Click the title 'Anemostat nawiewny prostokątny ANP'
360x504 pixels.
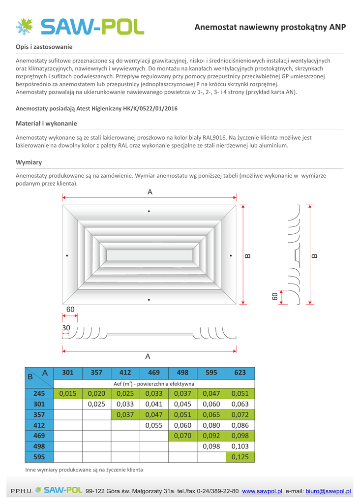(x=270, y=27)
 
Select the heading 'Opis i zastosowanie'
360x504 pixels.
(x=44, y=47)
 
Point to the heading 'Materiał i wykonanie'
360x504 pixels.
(x=46, y=123)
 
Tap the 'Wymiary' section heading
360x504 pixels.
(x=29, y=162)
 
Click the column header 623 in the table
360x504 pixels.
(x=240, y=373)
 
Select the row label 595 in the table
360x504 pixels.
(x=39, y=457)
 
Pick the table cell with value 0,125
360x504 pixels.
(x=240, y=457)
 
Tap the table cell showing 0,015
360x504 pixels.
(x=68, y=394)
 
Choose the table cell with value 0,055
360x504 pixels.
(x=154, y=425)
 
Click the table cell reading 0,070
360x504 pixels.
(x=182, y=436)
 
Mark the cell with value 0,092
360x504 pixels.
(x=211, y=436)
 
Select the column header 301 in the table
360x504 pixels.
(x=68, y=373)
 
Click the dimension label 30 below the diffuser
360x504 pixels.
(x=66, y=328)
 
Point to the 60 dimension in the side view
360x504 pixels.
(x=275, y=296)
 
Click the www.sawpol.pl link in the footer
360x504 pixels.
(x=262, y=491)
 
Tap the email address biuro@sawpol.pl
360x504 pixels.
(x=328, y=491)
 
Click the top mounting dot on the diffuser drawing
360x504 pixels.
(x=149, y=212)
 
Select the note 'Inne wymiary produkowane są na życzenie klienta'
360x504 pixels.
(x=84, y=470)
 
